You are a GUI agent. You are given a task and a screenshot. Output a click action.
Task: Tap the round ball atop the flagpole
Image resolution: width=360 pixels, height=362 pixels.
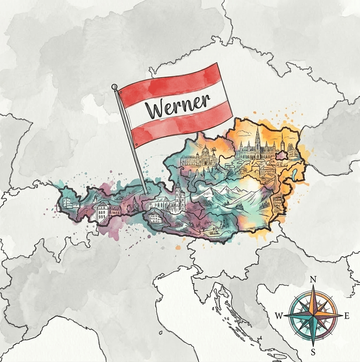coord(114,87)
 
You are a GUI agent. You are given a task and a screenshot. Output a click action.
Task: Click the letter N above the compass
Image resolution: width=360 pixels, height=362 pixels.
coord(313,280)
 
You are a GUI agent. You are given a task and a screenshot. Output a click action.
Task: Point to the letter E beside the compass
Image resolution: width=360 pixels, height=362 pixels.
coord(347,316)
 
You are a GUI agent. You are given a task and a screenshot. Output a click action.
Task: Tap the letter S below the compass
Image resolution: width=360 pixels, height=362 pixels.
coord(313,352)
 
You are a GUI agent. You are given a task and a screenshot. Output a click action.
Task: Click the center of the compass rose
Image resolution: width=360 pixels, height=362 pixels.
coord(313,316)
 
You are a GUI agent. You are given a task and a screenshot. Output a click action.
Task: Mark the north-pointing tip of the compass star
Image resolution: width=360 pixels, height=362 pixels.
coord(313,286)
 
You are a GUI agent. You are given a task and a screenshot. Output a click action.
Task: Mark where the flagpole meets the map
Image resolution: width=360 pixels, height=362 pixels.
coord(147,193)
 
